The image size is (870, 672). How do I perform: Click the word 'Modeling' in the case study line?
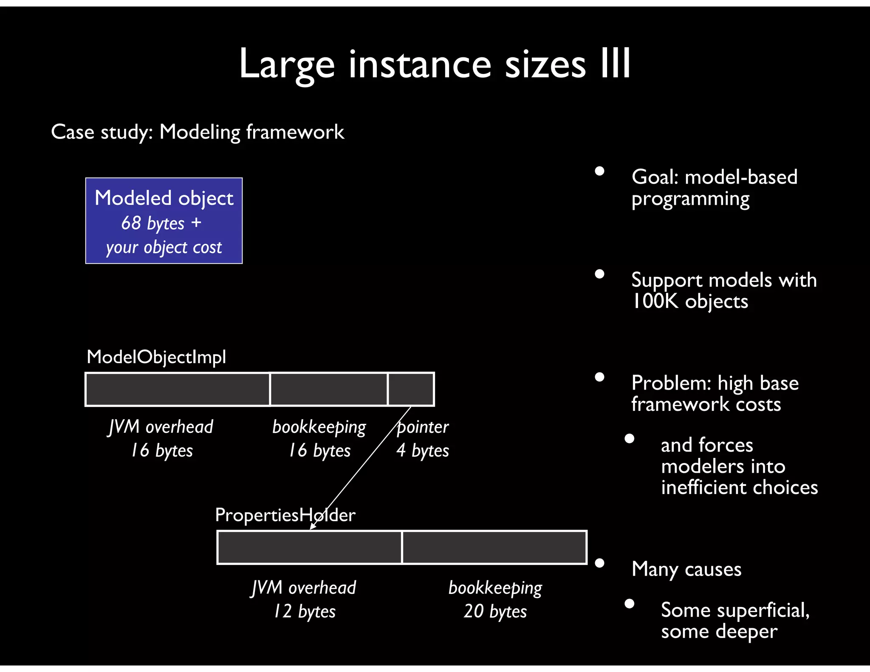tap(200, 132)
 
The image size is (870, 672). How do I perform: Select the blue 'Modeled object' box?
tap(164, 220)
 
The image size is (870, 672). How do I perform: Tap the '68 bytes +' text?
tap(161, 223)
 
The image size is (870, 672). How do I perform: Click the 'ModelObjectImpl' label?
tap(156, 357)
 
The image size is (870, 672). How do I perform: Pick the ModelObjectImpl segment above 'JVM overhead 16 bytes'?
tap(178, 389)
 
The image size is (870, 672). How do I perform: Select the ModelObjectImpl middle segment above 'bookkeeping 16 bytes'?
tap(329, 389)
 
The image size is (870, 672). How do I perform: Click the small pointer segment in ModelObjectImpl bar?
tap(411, 389)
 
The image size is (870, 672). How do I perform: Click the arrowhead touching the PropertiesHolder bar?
tap(312, 527)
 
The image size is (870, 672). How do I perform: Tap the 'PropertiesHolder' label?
tap(285, 515)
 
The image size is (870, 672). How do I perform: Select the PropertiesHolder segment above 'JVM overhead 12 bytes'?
tap(309, 548)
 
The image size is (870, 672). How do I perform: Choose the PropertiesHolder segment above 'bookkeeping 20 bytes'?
tap(494, 548)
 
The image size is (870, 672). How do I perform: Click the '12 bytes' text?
tap(304, 612)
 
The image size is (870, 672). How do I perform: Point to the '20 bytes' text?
tap(495, 612)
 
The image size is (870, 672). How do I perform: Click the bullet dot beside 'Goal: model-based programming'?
tap(599, 171)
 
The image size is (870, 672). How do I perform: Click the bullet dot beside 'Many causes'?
tap(599, 563)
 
